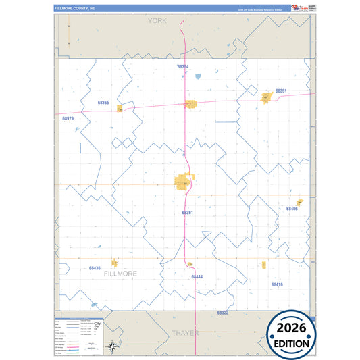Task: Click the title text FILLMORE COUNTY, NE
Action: [76, 9]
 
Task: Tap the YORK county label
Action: [157, 22]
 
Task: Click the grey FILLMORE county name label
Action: [120, 274]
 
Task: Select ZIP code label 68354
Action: [183, 67]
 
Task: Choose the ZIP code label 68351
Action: [282, 91]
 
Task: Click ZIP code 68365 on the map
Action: [103, 103]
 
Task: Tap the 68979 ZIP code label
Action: [68, 118]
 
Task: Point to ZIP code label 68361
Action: [188, 213]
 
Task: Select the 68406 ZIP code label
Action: [292, 209]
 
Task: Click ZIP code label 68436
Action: [95, 268]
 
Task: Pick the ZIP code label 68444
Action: [197, 277]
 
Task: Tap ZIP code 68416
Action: [278, 285]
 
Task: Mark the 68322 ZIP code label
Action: [223, 313]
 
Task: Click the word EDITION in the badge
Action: [292, 343]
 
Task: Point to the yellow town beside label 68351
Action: [266, 98]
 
